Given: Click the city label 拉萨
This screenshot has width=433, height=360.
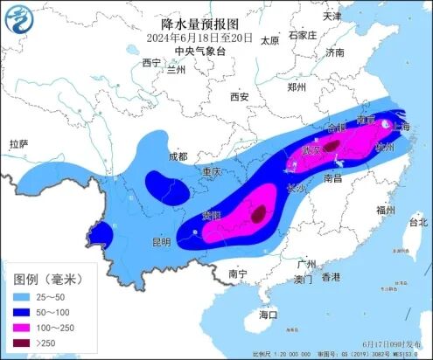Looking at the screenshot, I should [19, 143].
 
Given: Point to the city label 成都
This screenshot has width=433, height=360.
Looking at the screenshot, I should [178, 156].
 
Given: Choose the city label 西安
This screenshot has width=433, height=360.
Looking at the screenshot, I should [241, 97].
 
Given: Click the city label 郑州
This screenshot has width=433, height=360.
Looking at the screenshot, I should [298, 87].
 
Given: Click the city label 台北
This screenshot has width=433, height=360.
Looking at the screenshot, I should [419, 223].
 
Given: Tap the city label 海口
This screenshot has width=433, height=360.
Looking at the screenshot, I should [268, 314].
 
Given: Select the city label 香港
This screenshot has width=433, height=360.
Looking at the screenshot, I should [330, 277].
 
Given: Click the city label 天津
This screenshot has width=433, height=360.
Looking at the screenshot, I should [332, 16].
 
